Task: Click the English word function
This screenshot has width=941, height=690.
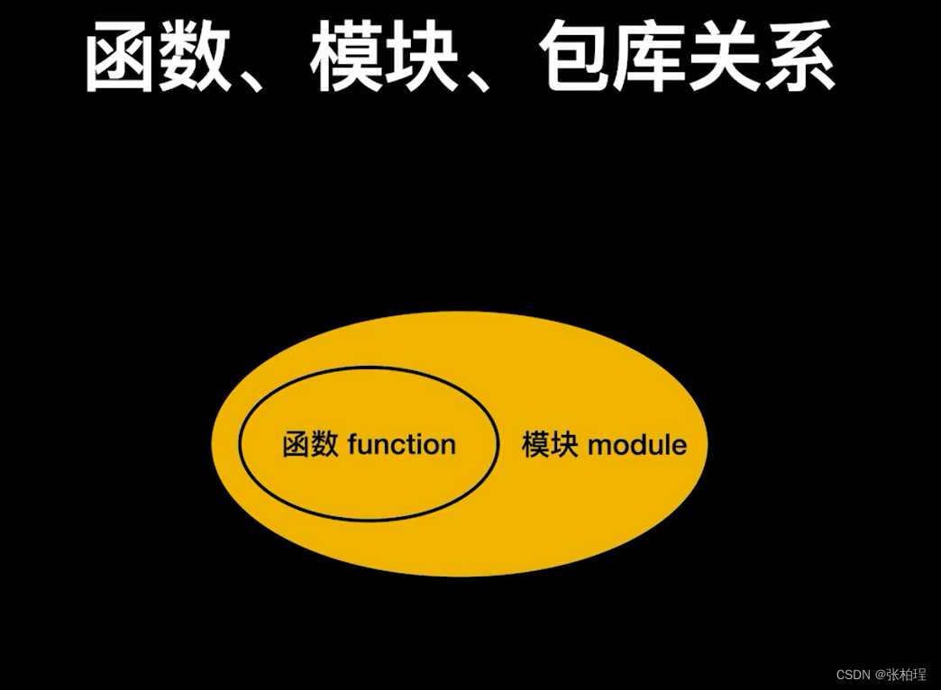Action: point(401,444)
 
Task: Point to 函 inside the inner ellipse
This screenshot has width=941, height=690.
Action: point(297,445)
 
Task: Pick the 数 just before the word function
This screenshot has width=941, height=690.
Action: point(324,445)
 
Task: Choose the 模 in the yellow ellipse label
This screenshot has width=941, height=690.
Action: point(536,445)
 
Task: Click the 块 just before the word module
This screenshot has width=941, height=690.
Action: point(564,445)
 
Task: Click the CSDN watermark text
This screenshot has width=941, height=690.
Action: point(852,675)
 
